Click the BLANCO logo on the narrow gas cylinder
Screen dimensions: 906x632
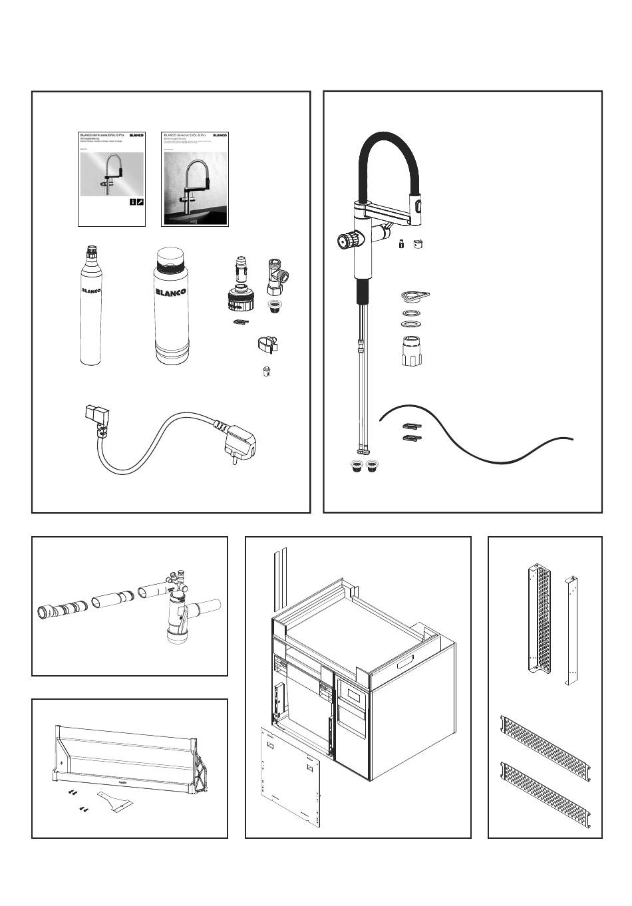[91, 291]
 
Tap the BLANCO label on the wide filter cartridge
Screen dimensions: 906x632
[172, 291]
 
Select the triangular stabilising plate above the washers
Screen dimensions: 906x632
[414, 295]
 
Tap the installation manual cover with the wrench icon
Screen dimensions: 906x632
[112, 178]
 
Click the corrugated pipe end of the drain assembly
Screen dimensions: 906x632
[60, 608]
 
